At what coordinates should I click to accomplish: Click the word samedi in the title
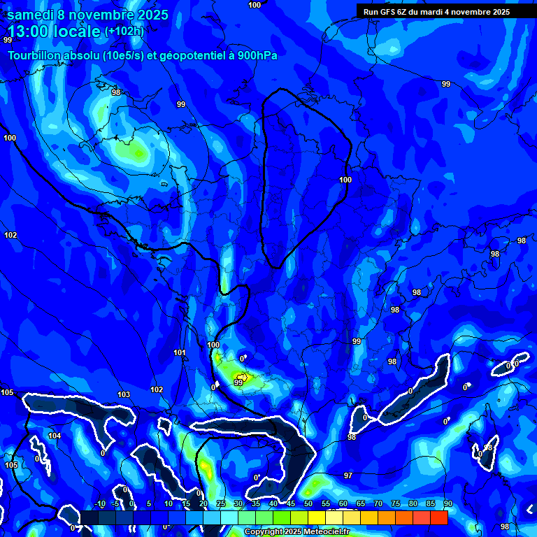click(x=31, y=15)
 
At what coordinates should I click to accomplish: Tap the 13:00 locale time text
click(x=54, y=31)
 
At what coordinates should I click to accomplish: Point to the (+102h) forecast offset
click(x=124, y=31)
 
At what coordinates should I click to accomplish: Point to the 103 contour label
click(x=124, y=395)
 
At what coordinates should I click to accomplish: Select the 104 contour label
click(x=55, y=436)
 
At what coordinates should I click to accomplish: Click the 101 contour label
click(x=180, y=353)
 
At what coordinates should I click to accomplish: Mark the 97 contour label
click(x=348, y=475)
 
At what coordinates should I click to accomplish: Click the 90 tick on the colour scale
click(x=447, y=503)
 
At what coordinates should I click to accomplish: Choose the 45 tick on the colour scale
click(x=291, y=503)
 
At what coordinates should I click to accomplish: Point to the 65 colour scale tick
click(x=360, y=503)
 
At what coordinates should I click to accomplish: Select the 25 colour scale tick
click(x=220, y=503)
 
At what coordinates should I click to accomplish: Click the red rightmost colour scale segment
click(x=438, y=517)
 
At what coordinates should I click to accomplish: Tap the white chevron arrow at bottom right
click(x=529, y=510)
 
